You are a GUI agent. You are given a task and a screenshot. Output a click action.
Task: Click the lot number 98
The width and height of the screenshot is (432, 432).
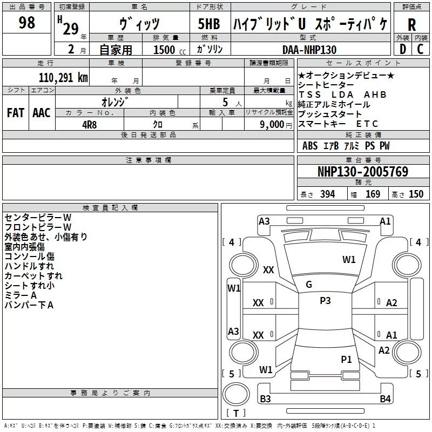(x=26, y=23)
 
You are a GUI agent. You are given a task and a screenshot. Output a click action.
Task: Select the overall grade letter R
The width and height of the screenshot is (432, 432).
(x=411, y=25)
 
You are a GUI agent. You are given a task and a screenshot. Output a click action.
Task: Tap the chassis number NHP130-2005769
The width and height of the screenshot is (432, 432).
(x=362, y=172)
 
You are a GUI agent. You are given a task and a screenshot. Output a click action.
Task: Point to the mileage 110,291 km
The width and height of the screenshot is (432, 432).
(x=63, y=77)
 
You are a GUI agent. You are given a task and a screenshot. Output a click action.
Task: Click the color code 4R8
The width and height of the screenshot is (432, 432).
(x=89, y=124)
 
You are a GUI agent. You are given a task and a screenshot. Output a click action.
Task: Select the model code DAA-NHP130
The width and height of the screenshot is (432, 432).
(x=310, y=50)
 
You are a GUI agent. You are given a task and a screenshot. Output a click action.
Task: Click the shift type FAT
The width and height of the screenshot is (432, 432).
(x=15, y=112)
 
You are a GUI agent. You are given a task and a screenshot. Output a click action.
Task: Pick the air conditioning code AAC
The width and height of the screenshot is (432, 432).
(x=42, y=112)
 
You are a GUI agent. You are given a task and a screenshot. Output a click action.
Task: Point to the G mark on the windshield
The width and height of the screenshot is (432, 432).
(x=309, y=285)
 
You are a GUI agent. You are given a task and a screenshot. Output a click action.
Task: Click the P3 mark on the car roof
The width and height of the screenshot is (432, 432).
(x=325, y=301)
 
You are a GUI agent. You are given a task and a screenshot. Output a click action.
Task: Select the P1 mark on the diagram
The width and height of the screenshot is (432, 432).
(x=346, y=359)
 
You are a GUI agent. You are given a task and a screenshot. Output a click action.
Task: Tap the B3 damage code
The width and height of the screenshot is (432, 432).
(x=265, y=399)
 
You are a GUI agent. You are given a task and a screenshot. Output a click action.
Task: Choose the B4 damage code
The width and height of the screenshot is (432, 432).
(x=384, y=399)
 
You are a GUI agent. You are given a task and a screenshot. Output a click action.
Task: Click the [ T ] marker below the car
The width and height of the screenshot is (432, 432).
(x=237, y=414)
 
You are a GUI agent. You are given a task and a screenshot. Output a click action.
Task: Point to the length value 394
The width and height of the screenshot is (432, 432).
(x=327, y=194)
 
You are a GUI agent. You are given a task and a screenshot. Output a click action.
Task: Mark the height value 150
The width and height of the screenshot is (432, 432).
(x=416, y=194)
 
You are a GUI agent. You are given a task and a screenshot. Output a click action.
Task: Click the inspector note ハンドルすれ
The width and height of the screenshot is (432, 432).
(x=29, y=266)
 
